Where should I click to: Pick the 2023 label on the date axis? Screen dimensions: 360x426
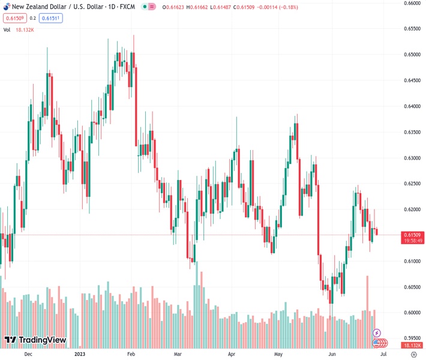click(x=80, y=355)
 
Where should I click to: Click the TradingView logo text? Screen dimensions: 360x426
click(x=41, y=340)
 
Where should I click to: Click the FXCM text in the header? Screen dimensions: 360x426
click(x=128, y=7)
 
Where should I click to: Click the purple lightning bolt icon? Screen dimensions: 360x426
click(x=377, y=333)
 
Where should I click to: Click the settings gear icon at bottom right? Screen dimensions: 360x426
click(x=413, y=355)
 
